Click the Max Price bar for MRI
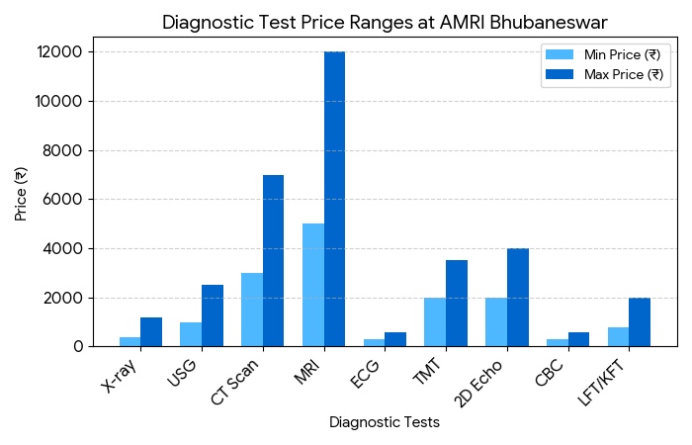click(334, 199)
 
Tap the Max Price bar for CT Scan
click(273, 261)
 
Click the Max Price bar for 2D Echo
click(517, 298)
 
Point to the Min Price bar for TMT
click(435, 322)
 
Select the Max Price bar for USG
click(213, 316)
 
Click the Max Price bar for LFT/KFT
click(640, 322)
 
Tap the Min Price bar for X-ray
click(130, 342)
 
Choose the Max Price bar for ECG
click(395, 340)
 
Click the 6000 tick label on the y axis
click(70, 200)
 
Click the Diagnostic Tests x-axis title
click(385, 422)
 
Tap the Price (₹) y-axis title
click(21, 194)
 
